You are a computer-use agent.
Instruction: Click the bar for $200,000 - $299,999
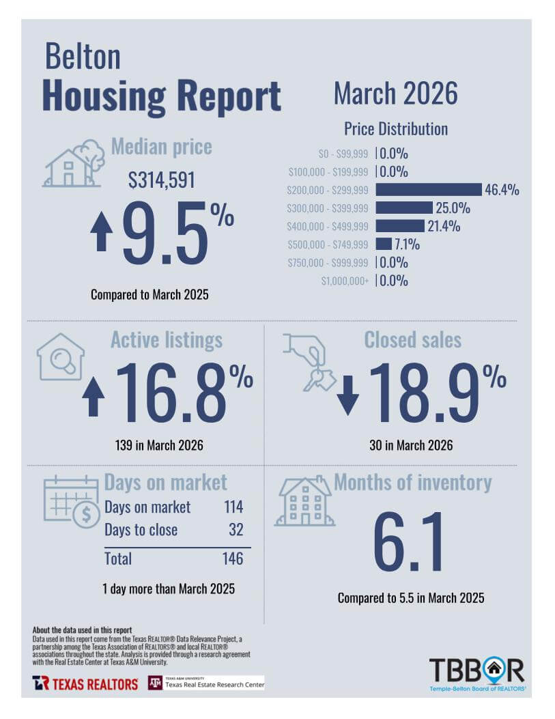(x=429, y=189)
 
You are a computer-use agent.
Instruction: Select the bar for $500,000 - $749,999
(x=384, y=244)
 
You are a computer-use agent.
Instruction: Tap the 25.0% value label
(x=453, y=208)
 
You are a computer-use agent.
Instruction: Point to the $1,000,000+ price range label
(x=345, y=281)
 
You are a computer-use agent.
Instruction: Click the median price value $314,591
(x=161, y=180)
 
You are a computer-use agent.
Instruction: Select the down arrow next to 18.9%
(x=348, y=395)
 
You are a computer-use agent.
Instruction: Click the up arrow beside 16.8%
(x=94, y=396)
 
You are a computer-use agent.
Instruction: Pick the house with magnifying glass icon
(x=61, y=356)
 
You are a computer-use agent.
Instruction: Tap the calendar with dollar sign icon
(x=72, y=501)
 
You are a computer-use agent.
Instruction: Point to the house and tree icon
(x=74, y=164)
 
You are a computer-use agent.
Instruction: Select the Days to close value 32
(x=236, y=530)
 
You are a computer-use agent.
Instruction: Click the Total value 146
(x=233, y=559)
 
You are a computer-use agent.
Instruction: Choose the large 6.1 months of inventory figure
(x=408, y=542)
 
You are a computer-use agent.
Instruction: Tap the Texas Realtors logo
(x=85, y=683)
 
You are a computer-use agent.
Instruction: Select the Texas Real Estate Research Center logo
(x=206, y=683)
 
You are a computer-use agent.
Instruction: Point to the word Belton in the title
(x=83, y=57)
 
